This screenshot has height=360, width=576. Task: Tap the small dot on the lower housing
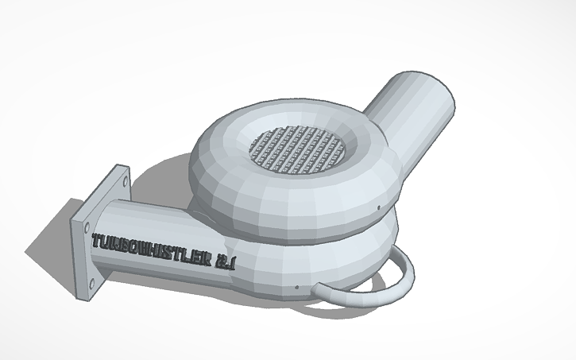(296, 287)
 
